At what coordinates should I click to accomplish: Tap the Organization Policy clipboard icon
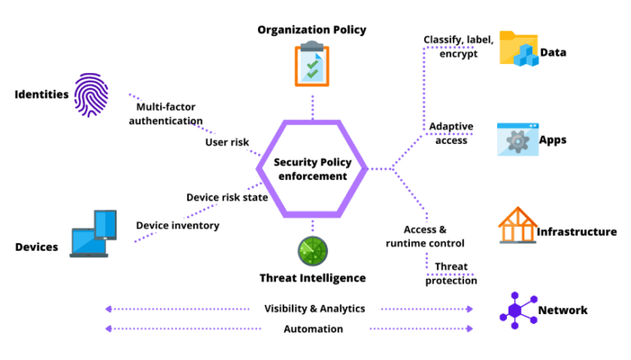[x=311, y=63]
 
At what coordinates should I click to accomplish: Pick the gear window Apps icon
[x=517, y=139]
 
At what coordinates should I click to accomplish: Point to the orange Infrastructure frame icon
[x=517, y=225]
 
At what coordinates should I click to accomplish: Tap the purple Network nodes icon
[x=516, y=310]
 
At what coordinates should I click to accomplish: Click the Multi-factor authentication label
[x=169, y=113]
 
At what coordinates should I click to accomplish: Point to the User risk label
[x=227, y=142]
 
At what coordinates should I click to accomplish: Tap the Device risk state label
[x=227, y=197]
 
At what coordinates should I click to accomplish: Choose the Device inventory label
[x=177, y=225]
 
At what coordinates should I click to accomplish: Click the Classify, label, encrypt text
[x=458, y=46]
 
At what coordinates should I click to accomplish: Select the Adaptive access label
[x=451, y=133]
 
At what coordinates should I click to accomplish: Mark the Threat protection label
[x=451, y=274]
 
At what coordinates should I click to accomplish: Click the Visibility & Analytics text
[x=315, y=308]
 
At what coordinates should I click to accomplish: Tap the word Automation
[x=315, y=329]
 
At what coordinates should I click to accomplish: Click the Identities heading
[x=41, y=94]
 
